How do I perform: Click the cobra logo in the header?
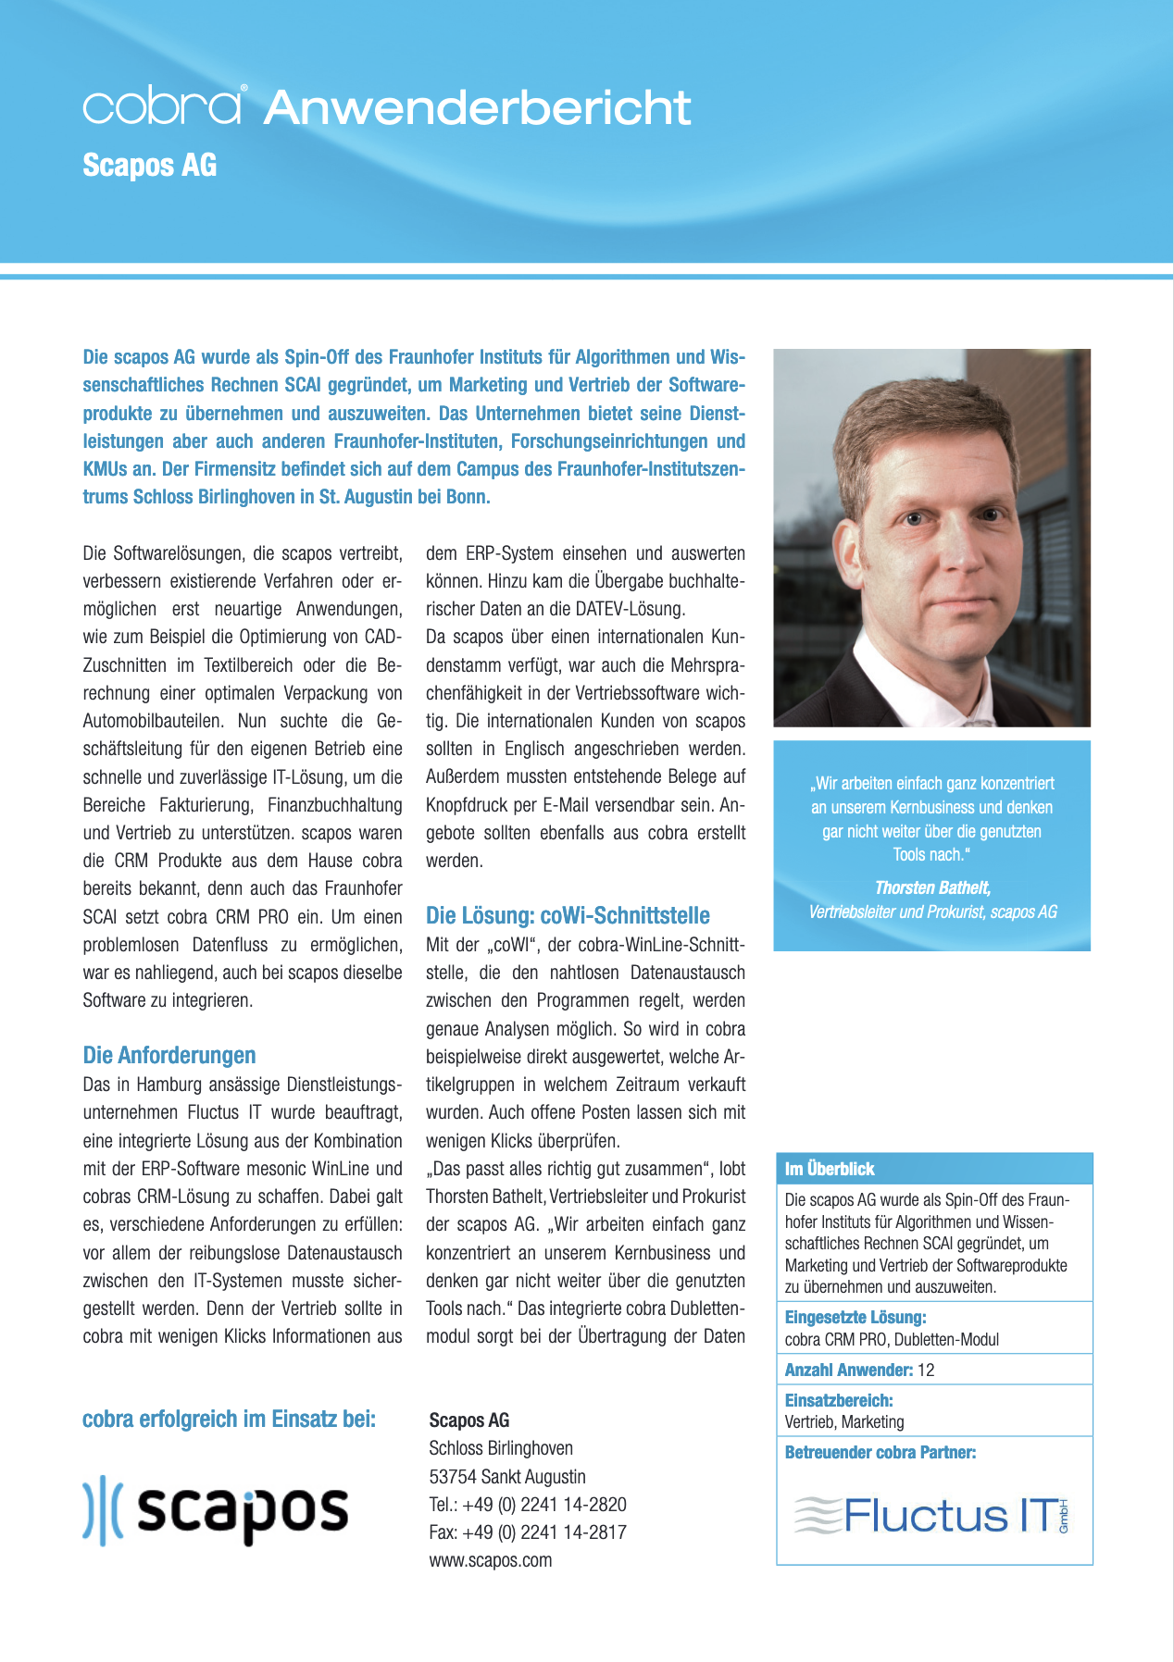click(x=164, y=105)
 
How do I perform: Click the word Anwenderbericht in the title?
click(x=477, y=107)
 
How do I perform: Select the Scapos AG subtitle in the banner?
click(x=150, y=166)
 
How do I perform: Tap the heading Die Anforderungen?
click(x=169, y=1055)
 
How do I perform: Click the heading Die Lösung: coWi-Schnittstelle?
click(x=568, y=915)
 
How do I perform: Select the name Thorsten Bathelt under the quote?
click(x=932, y=887)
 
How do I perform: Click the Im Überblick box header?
click(x=830, y=1169)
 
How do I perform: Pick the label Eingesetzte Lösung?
click(x=856, y=1317)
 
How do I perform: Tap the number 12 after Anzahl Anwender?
click(x=926, y=1370)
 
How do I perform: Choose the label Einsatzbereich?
click(x=839, y=1400)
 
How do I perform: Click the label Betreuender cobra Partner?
click(x=880, y=1452)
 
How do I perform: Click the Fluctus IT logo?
click(x=933, y=1515)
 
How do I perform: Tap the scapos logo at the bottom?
click(x=216, y=1511)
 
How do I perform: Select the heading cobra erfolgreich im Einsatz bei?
click(x=230, y=1419)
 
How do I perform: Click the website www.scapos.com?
click(x=491, y=1560)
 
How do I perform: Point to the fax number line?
click(x=528, y=1532)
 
